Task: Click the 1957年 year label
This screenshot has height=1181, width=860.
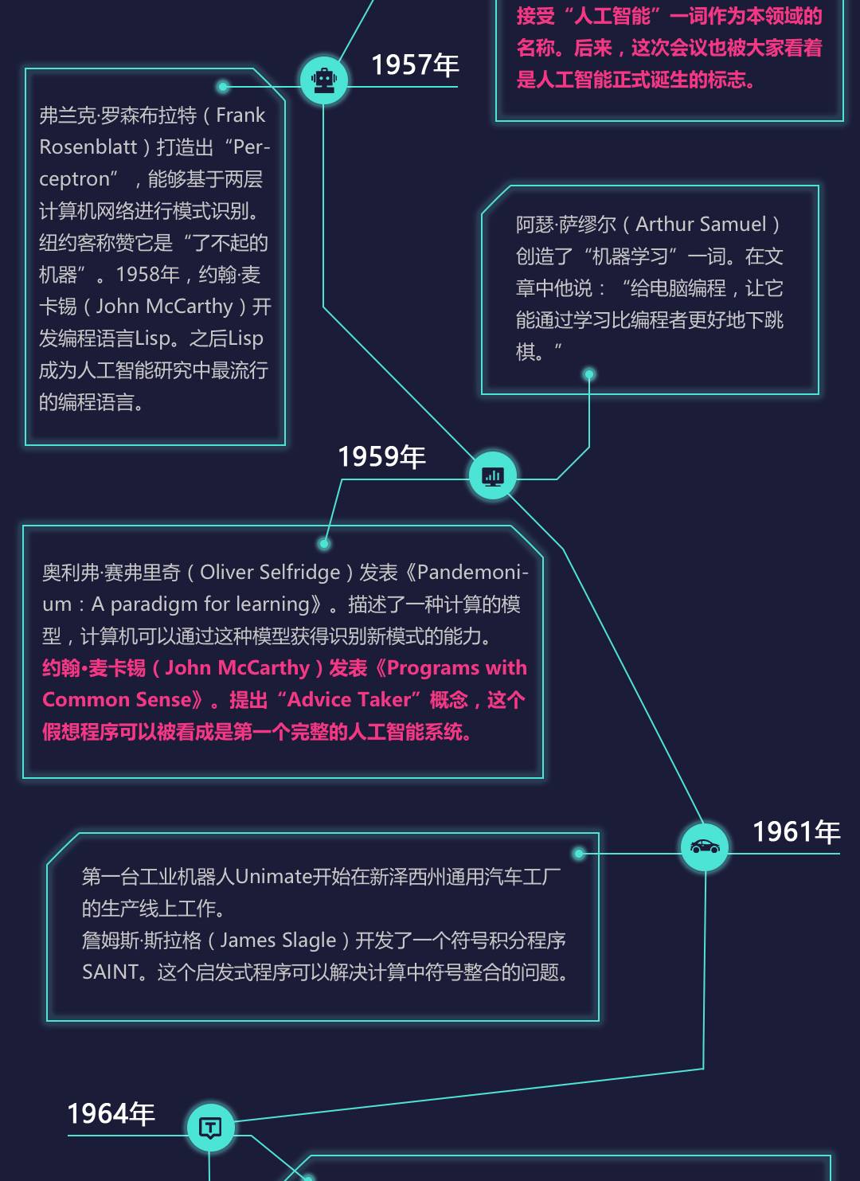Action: (x=415, y=65)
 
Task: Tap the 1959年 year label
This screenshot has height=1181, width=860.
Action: (x=381, y=457)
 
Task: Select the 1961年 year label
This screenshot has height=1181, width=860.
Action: (x=796, y=832)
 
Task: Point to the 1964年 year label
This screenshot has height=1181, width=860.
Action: (x=111, y=1114)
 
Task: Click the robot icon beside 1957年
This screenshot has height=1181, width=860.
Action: (x=323, y=80)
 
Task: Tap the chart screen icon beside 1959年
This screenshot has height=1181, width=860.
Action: (x=493, y=476)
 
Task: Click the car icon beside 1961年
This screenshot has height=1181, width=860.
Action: (x=705, y=847)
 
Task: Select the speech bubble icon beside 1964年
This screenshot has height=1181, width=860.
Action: (x=210, y=1128)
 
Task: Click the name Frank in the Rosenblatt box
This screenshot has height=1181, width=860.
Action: (x=240, y=115)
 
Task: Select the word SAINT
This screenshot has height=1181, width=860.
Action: (x=111, y=972)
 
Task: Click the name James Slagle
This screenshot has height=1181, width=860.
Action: (x=278, y=940)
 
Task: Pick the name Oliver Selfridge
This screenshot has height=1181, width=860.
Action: (x=270, y=573)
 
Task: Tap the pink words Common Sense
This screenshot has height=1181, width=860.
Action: (x=117, y=700)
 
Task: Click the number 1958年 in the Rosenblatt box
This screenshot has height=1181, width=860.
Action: (x=148, y=275)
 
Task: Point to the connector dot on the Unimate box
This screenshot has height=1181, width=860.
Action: (x=580, y=854)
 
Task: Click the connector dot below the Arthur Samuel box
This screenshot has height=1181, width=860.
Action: (x=589, y=374)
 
